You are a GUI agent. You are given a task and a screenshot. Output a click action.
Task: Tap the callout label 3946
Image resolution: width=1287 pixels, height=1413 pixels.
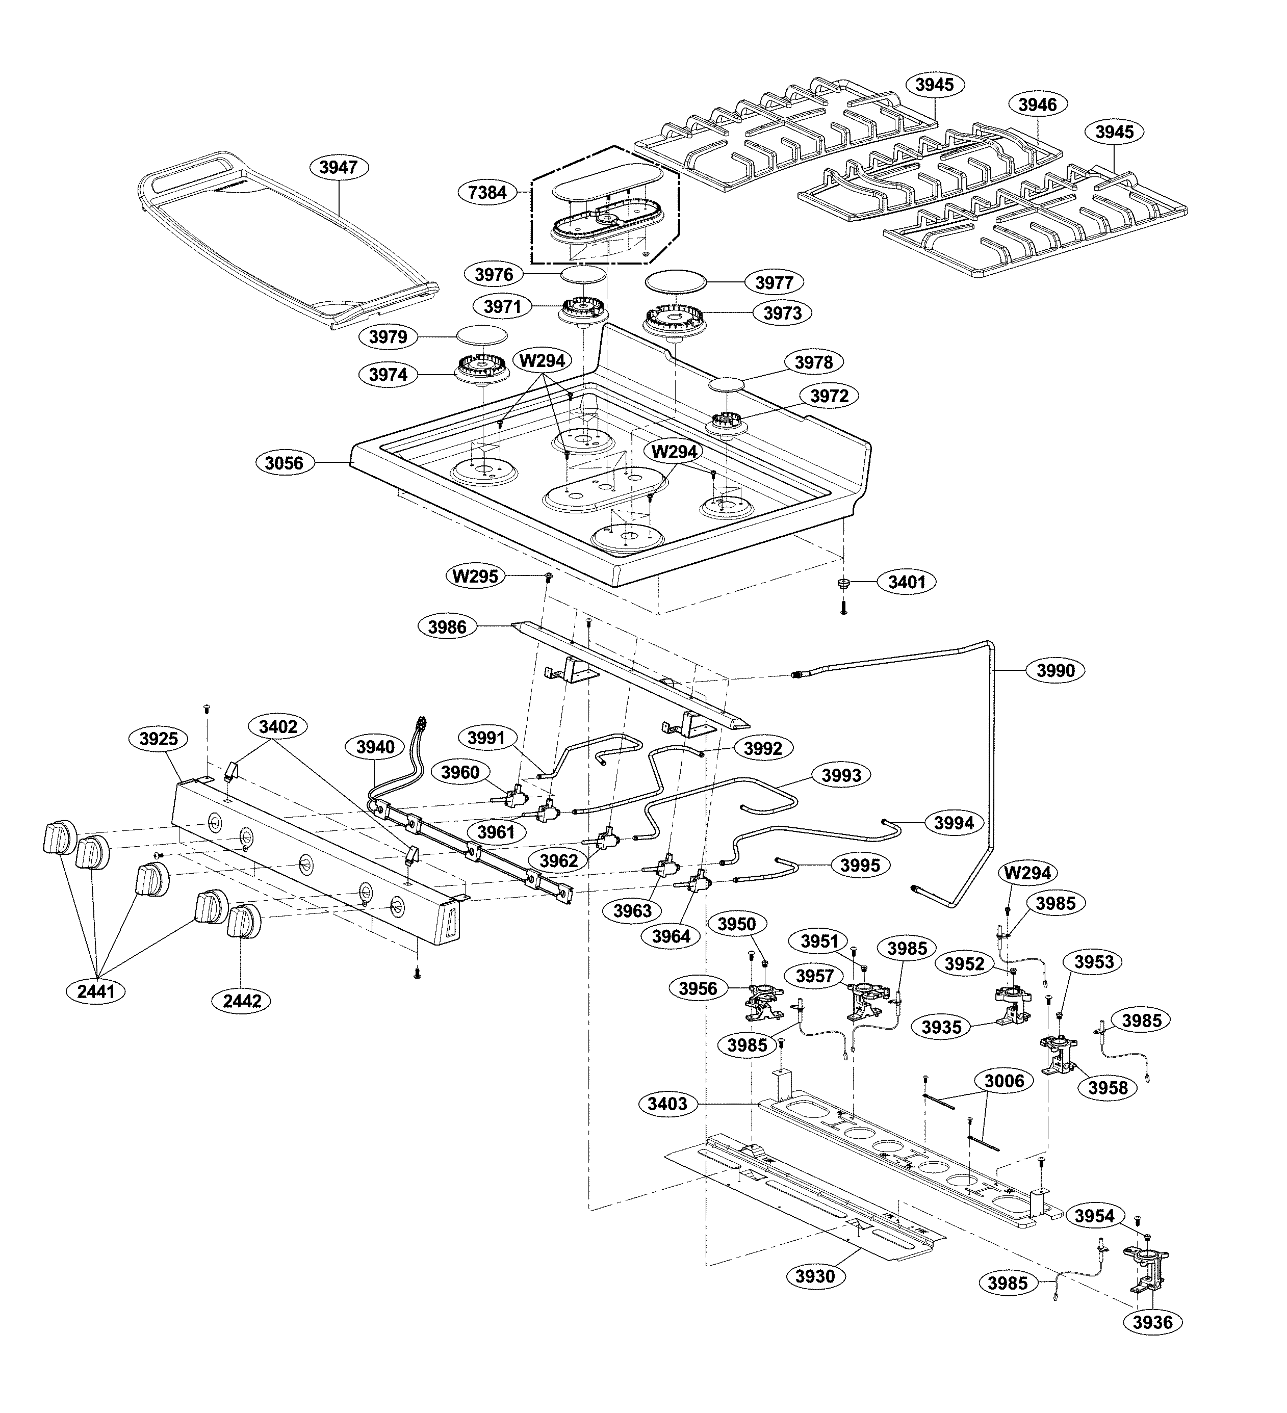point(1038,104)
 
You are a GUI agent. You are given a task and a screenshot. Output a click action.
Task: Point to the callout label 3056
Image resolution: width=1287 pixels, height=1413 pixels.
point(284,463)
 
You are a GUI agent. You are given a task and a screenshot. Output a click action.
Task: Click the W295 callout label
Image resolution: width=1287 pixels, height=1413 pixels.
point(475,576)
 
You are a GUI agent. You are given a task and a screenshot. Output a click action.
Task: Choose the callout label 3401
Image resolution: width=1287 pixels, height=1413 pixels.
point(907,582)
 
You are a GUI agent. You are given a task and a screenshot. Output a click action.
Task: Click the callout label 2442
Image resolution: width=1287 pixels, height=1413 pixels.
point(242,1001)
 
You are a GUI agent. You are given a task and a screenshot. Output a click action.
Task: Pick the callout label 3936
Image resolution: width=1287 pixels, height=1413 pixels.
point(1152,1322)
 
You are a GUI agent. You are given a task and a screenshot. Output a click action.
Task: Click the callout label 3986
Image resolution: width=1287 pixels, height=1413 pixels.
point(447,626)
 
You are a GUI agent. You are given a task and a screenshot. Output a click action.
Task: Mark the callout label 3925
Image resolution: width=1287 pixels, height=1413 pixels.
point(159,738)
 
